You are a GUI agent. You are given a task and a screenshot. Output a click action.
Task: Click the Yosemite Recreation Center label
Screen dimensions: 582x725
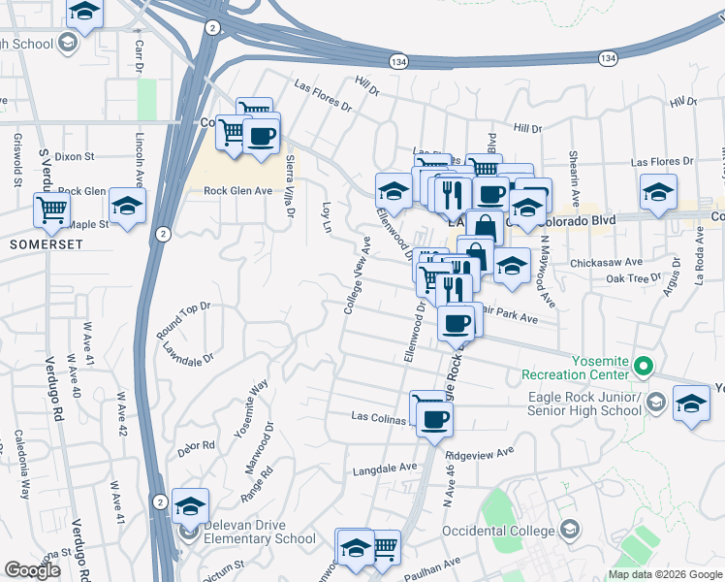click(x=575, y=368)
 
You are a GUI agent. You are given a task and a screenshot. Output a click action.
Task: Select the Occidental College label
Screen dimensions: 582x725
click(x=498, y=531)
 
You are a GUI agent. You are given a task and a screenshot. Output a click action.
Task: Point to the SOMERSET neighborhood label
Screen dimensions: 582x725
click(x=38, y=244)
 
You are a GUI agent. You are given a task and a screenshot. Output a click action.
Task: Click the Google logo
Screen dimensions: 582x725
click(x=32, y=570)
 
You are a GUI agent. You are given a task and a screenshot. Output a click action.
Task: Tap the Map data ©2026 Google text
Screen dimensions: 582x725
click(x=665, y=574)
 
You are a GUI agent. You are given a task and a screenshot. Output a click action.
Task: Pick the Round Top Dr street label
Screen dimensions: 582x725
click(x=183, y=321)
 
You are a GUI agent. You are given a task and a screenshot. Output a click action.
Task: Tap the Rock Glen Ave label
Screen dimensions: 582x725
click(x=237, y=191)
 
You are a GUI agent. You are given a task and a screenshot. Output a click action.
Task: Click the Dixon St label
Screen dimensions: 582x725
click(x=74, y=155)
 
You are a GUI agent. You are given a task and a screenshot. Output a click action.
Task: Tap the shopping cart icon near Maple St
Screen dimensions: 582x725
click(x=51, y=208)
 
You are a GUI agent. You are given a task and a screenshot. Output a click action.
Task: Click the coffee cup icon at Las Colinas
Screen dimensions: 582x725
click(x=436, y=418)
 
